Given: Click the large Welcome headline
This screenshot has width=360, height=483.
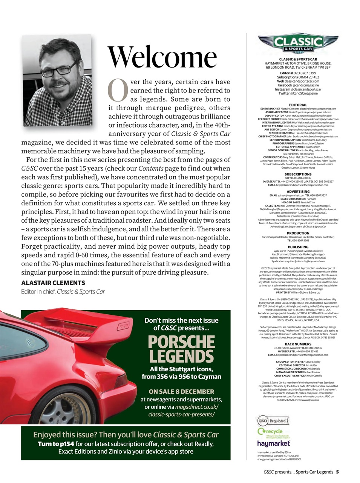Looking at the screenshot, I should [162, 57].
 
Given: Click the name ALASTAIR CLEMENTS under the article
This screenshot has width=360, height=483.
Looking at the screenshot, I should [53, 283].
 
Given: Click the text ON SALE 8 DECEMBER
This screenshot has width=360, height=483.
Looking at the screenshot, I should [181, 392].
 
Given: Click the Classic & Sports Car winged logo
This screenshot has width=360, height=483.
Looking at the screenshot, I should [298, 43].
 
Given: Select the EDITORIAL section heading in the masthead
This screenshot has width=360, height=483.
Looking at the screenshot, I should [298, 105].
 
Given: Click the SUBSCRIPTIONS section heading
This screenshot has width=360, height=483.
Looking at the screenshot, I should [298, 174].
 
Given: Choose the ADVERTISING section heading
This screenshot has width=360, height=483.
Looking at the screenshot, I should [298, 192].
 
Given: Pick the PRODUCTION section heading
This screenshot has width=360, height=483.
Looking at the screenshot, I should [298, 233].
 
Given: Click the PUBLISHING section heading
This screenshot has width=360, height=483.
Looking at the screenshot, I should [298, 247].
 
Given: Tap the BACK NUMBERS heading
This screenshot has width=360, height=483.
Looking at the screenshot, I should [298, 344].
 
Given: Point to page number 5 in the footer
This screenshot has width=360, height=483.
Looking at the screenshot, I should [337, 472].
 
